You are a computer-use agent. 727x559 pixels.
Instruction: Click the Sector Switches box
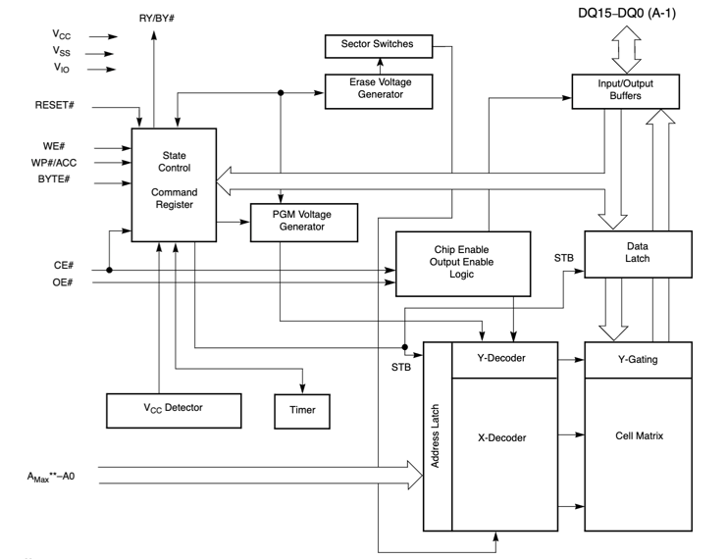click(x=377, y=45)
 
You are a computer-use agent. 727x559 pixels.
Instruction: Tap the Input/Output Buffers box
click(x=625, y=90)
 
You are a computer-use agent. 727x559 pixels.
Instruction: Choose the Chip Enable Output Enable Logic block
click(x=462, y=263)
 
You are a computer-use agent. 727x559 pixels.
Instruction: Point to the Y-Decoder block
click(x=503, y=359)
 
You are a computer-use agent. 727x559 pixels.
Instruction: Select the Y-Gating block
click(x=638, y=359)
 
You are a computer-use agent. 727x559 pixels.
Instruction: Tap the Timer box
click(x=303, y=410)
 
